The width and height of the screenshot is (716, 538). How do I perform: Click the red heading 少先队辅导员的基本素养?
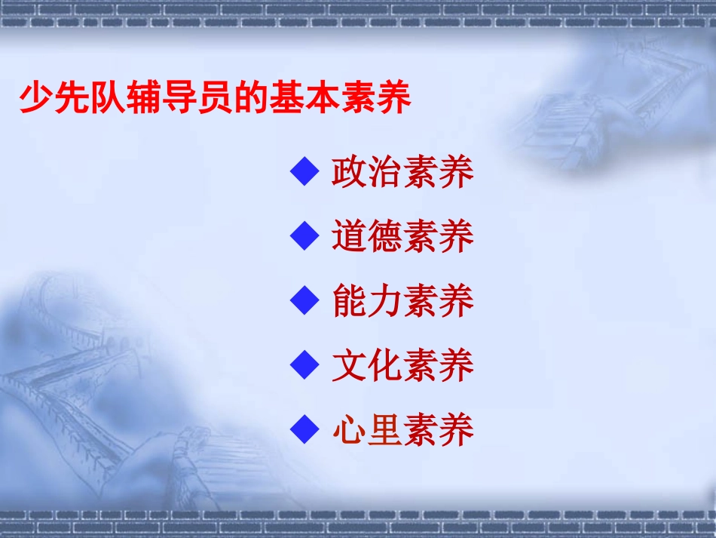(x=215, y=99)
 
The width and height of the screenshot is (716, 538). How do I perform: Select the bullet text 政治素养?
(x=402, y=173)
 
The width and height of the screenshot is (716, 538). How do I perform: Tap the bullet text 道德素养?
(x=402, y=237)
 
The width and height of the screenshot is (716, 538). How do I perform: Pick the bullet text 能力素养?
(x=402, y=302)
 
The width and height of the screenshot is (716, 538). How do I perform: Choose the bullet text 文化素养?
(x=402, y=366)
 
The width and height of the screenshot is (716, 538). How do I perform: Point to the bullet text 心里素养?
(x=402, y=430)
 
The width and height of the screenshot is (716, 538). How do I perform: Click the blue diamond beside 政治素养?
(x=305, y=173)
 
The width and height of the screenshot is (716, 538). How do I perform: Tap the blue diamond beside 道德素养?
(x=305, y=237)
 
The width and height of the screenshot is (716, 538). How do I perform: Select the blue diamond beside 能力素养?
(x=305, y=302)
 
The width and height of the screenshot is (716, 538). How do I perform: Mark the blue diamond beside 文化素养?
(x=305, y=366)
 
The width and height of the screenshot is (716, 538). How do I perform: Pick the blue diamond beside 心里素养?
(x=305, y=430)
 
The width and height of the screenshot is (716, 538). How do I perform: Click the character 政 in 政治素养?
(x=349, y=173)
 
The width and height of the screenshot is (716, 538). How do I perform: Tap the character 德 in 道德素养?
(x=384, y=237)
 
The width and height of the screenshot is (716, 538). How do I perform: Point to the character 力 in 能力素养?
(x=384, y=302)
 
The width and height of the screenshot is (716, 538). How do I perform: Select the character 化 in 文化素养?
(x=384, y=366)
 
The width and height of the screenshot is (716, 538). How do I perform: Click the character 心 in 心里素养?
(x=349, y=430)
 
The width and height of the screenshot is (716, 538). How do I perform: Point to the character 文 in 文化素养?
(x=349, y=366)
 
